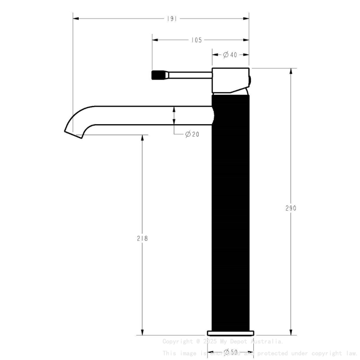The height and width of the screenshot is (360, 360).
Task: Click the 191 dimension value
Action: pyautogui.click(x=172, y=19)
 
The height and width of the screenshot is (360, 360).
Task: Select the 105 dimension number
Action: pyautogui.click(x=196, y=40)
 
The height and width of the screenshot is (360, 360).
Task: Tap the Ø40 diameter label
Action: pyautogui.click(x=230, y=55)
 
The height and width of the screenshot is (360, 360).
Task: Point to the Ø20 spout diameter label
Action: pyautogui.click(x=192, y=134)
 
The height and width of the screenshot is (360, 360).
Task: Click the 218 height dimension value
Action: pyautogui.click(x=142, y=238)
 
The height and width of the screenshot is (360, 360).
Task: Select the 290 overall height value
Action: pyautogui.click(x=291, y=208)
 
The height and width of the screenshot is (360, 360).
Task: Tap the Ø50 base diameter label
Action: pyautogui.click(x=230, y=352)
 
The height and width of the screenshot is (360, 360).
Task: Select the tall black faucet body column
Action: pyautogui.click(x=230, y=212)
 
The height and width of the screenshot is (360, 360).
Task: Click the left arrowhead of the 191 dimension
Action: pyautogui.click(x=75, y=19)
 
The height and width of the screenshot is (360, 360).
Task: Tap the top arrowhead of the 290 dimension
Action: pyautogui.click(x=291, y=71)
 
